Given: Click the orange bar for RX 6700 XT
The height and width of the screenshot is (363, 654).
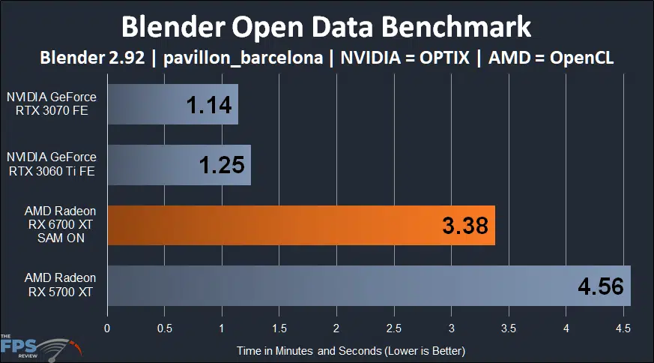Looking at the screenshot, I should [300, 225].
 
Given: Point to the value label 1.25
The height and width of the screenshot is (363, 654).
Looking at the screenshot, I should [223, 165].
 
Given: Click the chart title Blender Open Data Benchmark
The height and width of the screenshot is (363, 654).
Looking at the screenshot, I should [327, 27].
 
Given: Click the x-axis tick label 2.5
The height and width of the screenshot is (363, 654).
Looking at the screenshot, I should [393, 328].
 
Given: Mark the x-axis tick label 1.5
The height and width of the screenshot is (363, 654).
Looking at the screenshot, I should [279, 328].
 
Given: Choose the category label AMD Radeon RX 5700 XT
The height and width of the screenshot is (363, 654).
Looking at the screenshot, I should [52, 285].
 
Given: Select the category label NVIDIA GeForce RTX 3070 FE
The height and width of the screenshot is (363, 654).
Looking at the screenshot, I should [52, 103].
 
